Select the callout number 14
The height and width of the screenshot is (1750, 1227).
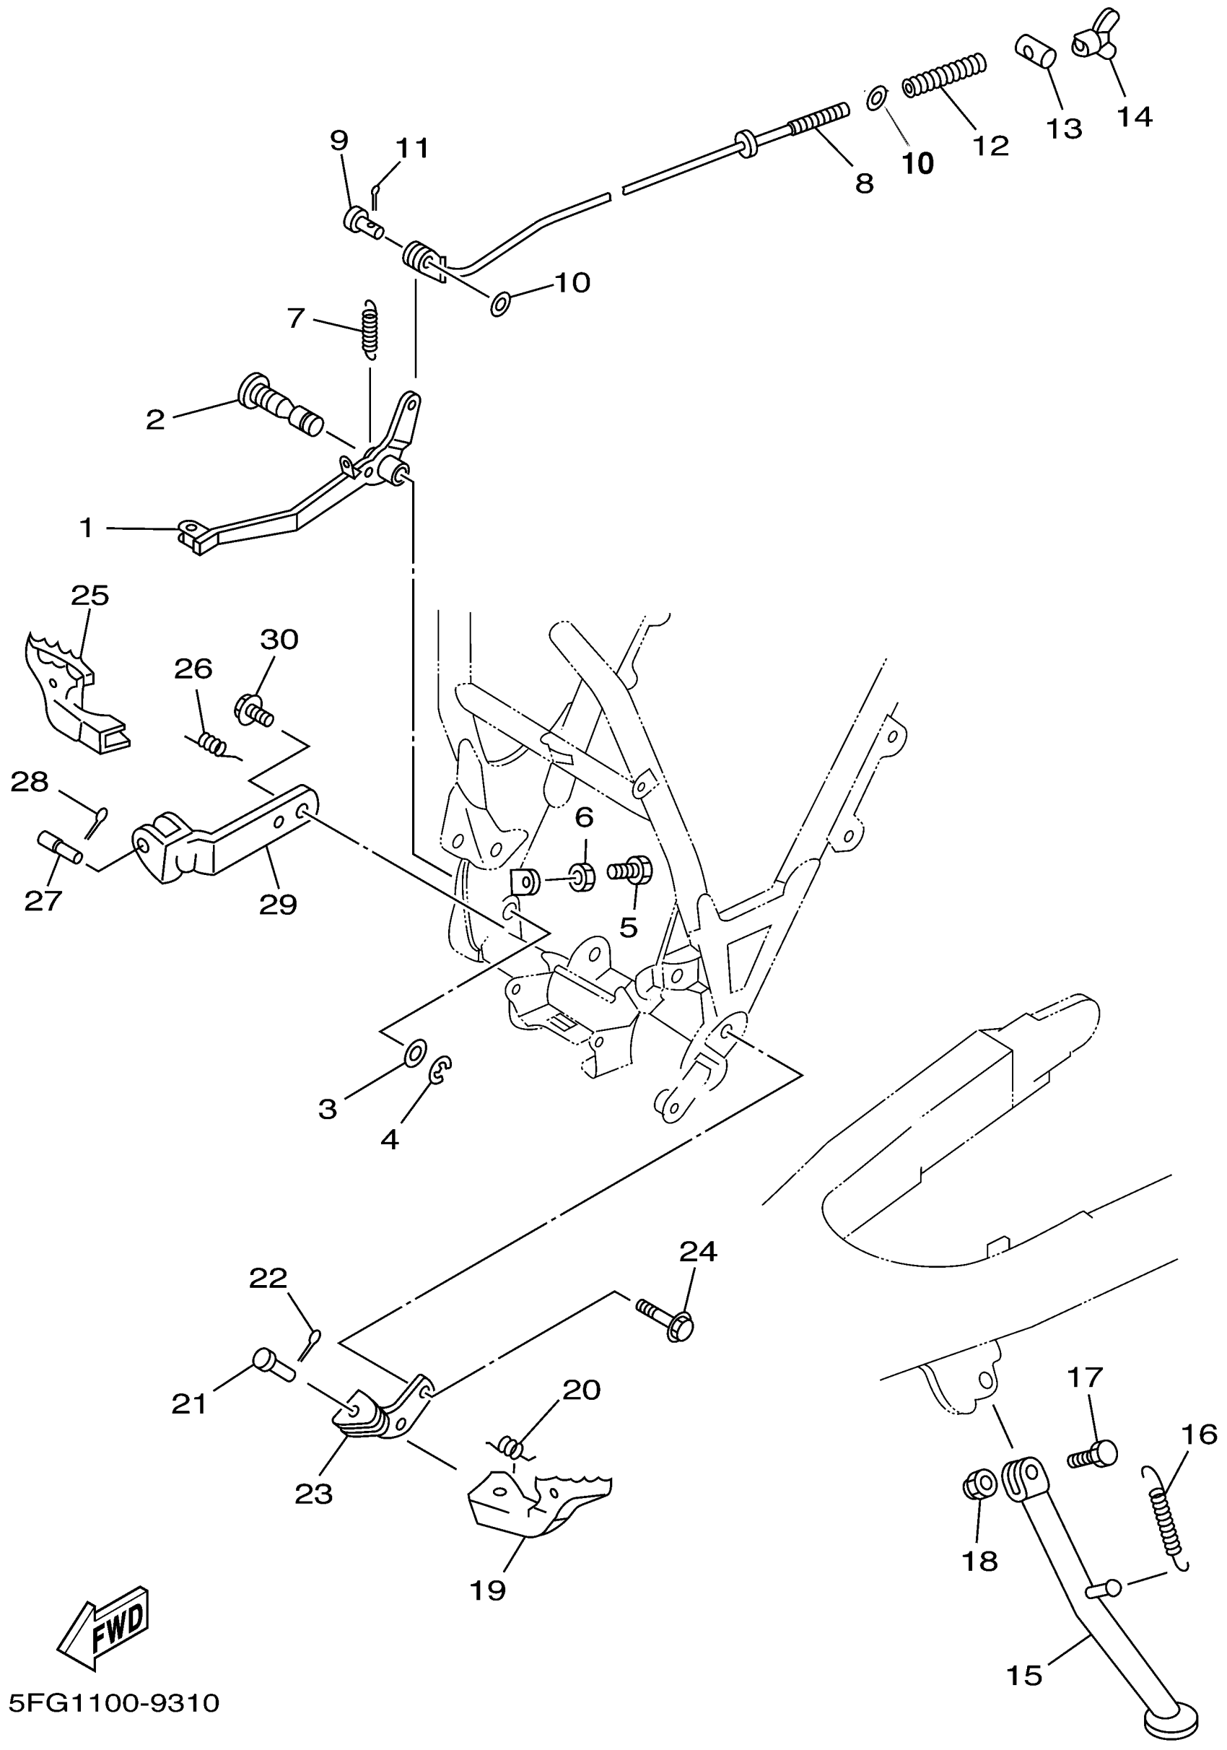click(x=1135, y=117)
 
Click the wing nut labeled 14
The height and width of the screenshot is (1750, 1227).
click(x=1095, y=35)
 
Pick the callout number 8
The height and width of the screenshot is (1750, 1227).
click(x=863, y=183)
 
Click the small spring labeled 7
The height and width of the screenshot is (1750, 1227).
click(x=370, y=328)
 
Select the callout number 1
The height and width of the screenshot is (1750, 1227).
click(x=86, y=527)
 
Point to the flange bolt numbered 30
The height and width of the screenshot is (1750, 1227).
click(x=253, y=710)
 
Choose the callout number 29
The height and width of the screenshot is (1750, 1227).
click(x=277, y=905)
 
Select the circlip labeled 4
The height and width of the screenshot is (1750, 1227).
click(x=440, y=1069)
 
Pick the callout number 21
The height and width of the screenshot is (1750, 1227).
click(x=189, y=1403)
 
